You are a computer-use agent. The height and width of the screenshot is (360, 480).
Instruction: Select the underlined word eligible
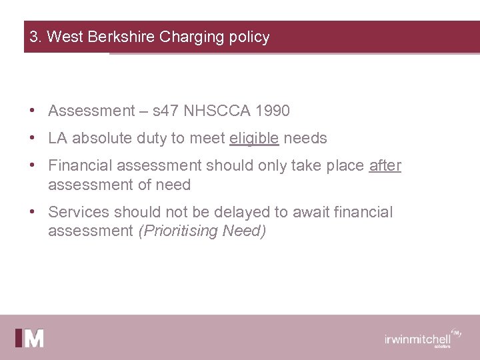254,138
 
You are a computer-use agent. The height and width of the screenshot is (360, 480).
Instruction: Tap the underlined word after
385,165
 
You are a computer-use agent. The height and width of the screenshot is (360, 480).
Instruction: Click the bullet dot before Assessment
32,111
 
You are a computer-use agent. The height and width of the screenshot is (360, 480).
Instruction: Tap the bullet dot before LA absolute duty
32,138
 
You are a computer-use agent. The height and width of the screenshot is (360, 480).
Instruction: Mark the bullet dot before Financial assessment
32,165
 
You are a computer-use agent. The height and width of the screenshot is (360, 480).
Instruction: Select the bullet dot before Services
32,212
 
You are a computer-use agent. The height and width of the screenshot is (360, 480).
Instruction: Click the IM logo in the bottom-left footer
30,338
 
